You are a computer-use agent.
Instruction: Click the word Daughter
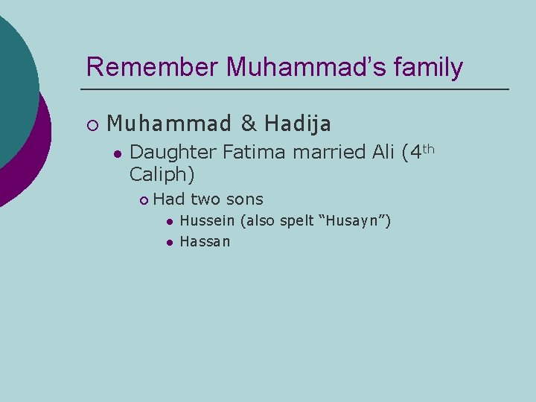173,153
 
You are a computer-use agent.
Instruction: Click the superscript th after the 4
428,148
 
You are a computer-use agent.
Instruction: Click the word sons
244,199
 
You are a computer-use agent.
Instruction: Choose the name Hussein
207,221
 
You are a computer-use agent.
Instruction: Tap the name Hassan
205,241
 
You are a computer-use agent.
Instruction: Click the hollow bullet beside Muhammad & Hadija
91,124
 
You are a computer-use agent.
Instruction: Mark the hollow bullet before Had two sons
144,200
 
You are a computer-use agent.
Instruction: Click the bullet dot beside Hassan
170,242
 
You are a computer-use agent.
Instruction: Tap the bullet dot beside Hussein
170,222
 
